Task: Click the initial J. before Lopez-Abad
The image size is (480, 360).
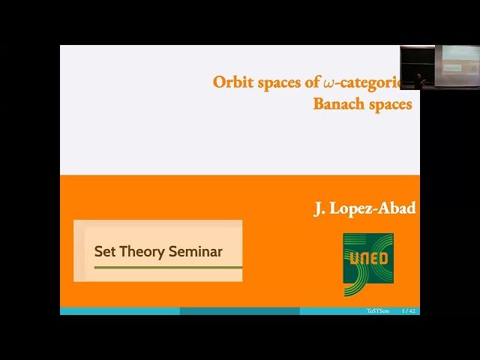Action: [319, 208]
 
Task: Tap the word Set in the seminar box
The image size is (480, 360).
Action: [103, 251]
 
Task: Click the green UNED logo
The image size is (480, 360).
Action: [368, 263]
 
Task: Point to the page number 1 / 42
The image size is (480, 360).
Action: [409, 310]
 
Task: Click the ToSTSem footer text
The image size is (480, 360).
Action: [377, 310]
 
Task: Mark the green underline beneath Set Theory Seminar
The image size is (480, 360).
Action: [163, 267]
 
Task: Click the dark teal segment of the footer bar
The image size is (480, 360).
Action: [240, 310]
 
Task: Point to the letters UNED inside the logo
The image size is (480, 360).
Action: [368, 259]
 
